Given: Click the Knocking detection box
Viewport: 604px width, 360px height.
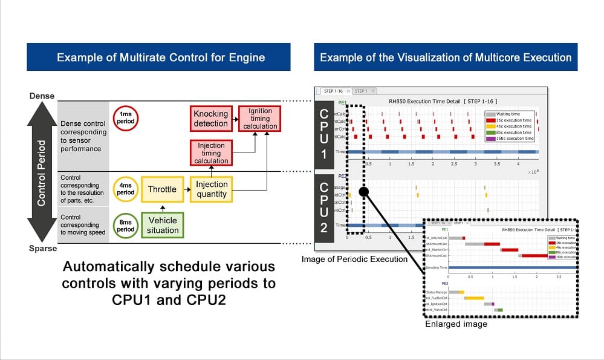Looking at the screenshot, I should [210, 119].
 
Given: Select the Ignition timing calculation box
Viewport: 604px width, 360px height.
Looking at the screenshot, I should [260, 119].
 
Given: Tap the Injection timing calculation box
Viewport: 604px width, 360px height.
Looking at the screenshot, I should [211, 153].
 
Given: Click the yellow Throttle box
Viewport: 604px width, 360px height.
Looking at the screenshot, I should [162, 189].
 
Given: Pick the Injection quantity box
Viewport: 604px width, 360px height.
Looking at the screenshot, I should [212, 189].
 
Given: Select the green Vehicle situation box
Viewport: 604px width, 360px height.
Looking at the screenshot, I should [162, 225].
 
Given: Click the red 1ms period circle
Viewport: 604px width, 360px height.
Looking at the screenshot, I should [125, 118].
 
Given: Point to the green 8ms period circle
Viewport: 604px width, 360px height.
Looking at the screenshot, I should [125, 225].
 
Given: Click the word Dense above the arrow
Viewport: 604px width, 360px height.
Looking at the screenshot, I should [42, 96].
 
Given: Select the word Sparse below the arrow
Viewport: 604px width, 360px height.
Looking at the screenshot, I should [42, 249].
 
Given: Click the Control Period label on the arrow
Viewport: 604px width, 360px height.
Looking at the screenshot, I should [42, 173].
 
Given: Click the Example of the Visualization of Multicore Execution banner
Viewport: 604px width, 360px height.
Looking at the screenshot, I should [445, 58].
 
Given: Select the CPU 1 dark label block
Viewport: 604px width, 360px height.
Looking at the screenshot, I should [324, 134].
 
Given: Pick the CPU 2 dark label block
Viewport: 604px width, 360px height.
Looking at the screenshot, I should [324, 206].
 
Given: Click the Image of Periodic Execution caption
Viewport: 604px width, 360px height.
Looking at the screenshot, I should [354, 259].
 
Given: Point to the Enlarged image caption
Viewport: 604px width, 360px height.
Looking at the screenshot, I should [456, 324].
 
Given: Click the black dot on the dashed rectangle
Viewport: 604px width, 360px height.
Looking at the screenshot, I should [363, 192].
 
